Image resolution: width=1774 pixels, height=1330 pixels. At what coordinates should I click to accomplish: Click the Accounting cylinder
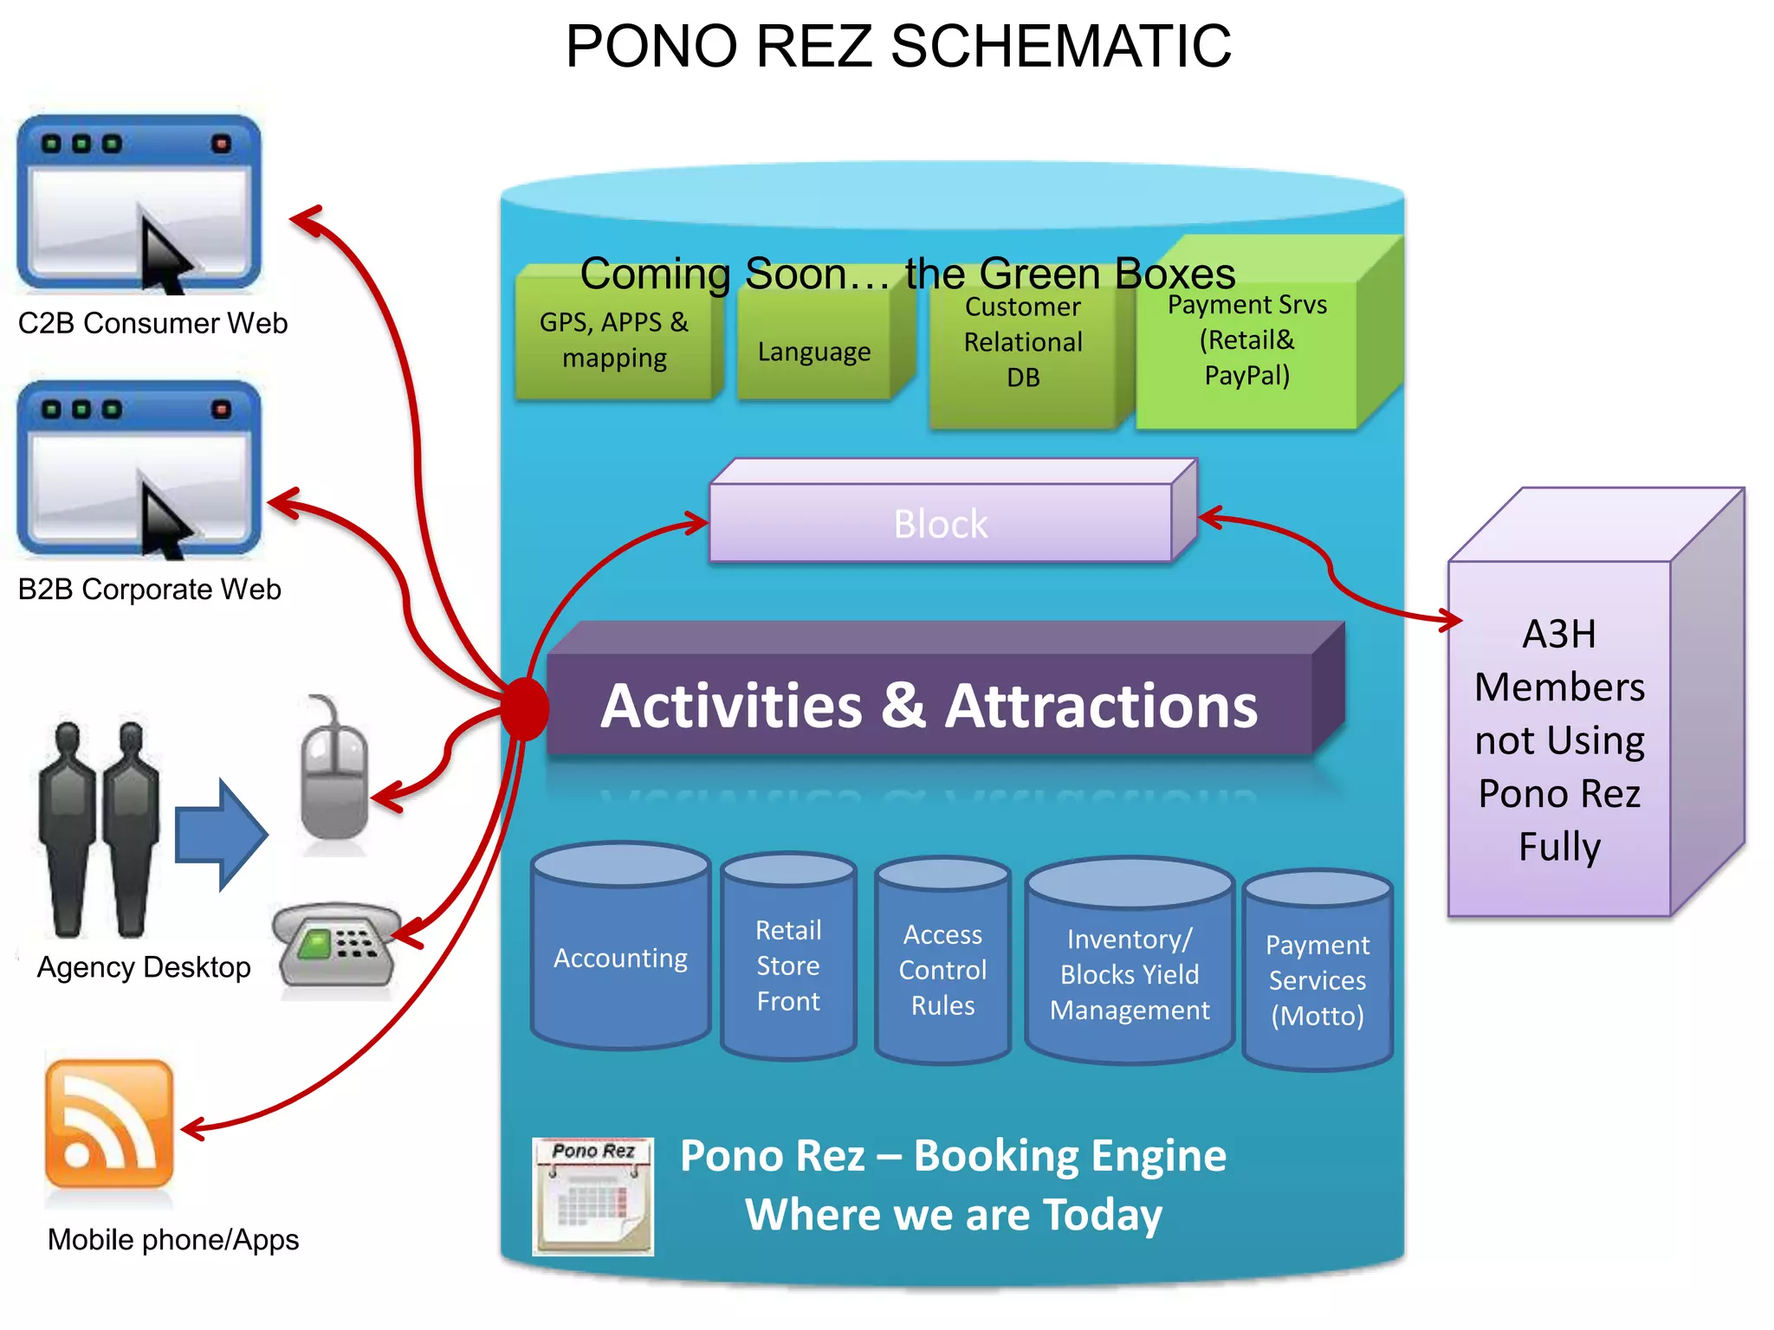(620, 957)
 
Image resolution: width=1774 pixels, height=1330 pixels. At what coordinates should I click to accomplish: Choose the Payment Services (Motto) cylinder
(1317, 979)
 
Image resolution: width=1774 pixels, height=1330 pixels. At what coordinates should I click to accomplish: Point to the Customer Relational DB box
(1022, 355)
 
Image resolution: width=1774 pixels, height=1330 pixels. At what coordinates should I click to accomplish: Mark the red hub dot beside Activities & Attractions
(525, 708)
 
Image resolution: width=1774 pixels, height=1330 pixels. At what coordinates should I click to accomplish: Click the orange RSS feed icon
(109, 1124)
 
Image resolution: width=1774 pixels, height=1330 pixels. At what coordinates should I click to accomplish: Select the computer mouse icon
(334, 779)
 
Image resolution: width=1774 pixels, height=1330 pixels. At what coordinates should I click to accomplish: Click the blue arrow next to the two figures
(221, 835)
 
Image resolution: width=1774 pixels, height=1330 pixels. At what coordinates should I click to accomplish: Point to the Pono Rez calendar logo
(592, 1196)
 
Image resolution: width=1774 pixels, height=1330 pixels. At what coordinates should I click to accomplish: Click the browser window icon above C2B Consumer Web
(139, 204)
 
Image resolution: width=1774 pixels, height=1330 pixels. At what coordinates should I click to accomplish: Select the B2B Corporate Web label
(149, 590)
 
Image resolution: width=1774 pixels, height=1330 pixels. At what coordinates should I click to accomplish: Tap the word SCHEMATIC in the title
(1060, 47)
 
